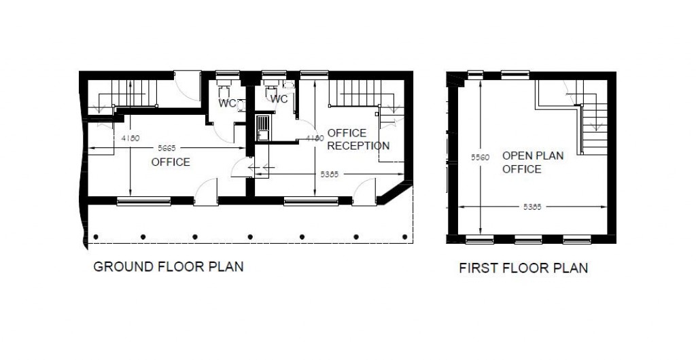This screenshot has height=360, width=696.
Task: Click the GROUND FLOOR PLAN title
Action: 168,267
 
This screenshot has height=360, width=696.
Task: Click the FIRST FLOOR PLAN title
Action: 523,268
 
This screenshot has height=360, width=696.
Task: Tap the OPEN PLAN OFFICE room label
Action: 532,162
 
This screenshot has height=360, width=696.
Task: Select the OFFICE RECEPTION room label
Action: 358,139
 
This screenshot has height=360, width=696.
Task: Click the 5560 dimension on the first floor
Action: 479,157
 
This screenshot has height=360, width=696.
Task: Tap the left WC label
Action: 227,103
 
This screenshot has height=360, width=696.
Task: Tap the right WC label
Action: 279,99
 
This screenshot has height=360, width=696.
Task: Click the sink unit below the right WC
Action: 262,128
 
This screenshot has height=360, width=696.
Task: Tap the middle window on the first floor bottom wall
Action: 528,239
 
